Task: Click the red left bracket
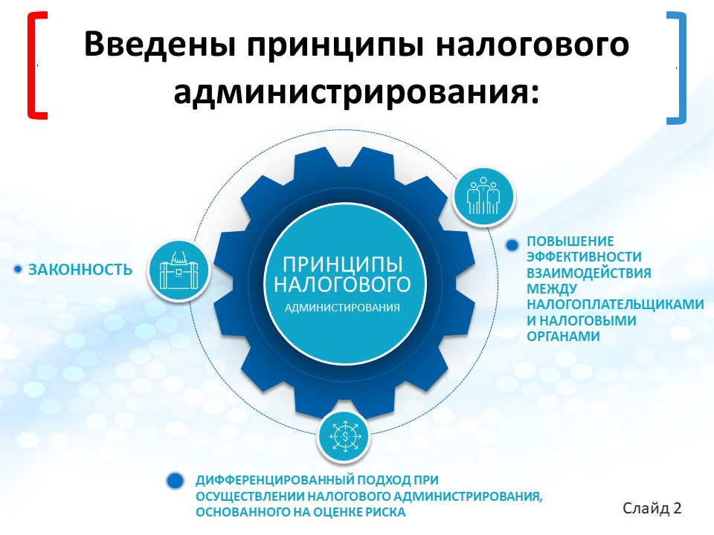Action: [x=30, y=66]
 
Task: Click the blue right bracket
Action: [x=683, y=68]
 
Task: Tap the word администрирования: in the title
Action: [x=356, y=92]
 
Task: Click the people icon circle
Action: [x=483, y=197]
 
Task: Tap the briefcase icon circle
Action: [x=179, y=270]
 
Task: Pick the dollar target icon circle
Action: [x=344, y=436]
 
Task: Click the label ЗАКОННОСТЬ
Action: [x=80, y=270]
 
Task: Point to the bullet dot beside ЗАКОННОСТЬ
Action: [x=18, y=269]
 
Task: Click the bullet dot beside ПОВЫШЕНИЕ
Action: [x=512, y=245]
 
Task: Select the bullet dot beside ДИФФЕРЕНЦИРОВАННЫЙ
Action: [x=175, y=481]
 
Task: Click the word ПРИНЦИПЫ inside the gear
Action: [x=342, y=265]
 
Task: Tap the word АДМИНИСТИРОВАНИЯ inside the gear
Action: [x=342, y=308]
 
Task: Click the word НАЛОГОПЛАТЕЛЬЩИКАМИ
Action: [x=615, y=304]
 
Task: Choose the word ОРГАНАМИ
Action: [x=563, y=336]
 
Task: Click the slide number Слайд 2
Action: [x=652, y=508]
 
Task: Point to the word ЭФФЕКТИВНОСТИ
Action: [x=585, y=256]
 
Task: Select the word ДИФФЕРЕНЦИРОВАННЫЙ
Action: [x=274, y=481]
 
